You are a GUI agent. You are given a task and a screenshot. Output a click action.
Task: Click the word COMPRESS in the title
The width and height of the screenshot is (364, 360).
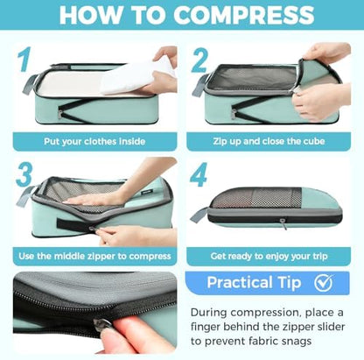[244, 14]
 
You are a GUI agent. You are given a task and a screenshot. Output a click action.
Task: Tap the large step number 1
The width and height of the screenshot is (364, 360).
[24, 60]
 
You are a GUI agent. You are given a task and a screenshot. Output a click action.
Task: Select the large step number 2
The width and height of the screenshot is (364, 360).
[199, 60]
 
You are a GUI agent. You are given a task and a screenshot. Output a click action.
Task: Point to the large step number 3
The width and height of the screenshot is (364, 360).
[24, 174]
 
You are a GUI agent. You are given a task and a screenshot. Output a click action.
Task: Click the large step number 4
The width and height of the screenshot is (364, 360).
[199, 174]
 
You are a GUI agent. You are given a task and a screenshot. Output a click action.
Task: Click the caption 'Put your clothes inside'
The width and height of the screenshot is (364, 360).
[94, 142]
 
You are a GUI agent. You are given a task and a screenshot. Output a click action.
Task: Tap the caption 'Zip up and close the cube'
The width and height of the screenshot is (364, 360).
[269, 141]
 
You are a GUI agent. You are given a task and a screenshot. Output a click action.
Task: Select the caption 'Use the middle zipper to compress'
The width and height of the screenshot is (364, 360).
[94, 256]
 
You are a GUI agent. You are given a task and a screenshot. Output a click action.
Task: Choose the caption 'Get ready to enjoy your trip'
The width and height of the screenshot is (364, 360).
[269, 256]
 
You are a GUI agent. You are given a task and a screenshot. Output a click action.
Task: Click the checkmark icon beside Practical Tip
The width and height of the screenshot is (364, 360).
[324, 283]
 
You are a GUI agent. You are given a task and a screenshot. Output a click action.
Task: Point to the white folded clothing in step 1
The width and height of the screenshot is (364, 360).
[133, 76]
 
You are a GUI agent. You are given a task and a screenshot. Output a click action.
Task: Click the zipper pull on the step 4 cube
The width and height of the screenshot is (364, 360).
[283, 223]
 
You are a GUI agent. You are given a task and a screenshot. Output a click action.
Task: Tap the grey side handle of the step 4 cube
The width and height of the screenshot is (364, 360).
[199, 215]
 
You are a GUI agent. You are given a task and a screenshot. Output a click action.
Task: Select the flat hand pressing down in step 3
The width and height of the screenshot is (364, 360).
[96, 200]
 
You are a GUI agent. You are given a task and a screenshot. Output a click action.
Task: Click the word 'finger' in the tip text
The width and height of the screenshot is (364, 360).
[206, 327]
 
